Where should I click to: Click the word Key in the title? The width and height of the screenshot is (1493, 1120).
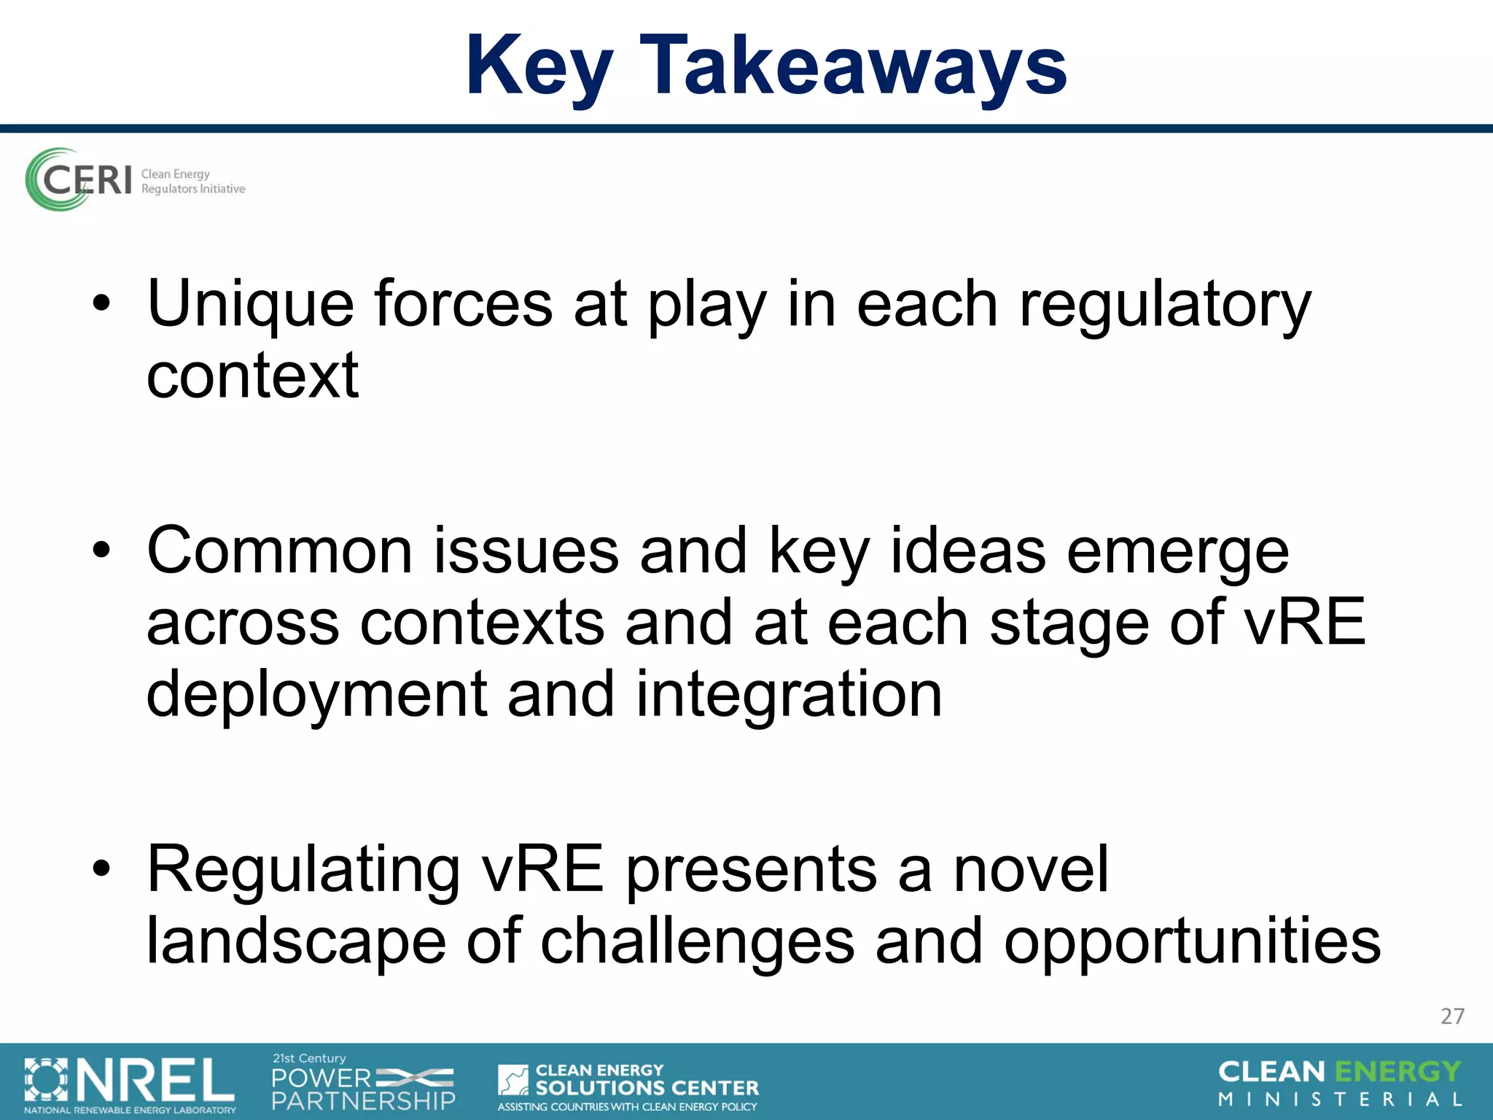click(x=539, y=67)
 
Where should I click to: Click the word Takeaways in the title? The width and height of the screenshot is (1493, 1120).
click(x=853, y=67)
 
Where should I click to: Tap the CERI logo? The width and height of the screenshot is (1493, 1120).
click(x=135, y=180)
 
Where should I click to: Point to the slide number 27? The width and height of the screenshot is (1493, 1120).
click(x=1452, y=1016)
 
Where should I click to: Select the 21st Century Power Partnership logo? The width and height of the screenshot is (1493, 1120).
click(x=363, y=1083)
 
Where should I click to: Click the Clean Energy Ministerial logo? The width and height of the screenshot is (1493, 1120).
click(x=1340, y=1084)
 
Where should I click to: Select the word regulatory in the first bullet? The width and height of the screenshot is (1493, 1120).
click(x=1164, y=305)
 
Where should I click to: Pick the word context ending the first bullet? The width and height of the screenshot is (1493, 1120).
click(x=252, y=376)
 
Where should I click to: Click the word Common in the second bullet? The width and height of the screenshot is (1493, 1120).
click(x=280, y=551)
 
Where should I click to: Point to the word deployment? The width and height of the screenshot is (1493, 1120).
click(x=316, y=695)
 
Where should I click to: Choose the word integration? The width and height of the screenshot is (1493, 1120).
click(x=789, y=695)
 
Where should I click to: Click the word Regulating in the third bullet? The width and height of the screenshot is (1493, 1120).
click(x=303, y=871)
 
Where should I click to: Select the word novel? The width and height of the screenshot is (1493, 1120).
click(x=1031, y=869)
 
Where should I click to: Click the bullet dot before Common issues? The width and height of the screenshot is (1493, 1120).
click(x=101, y=550)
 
